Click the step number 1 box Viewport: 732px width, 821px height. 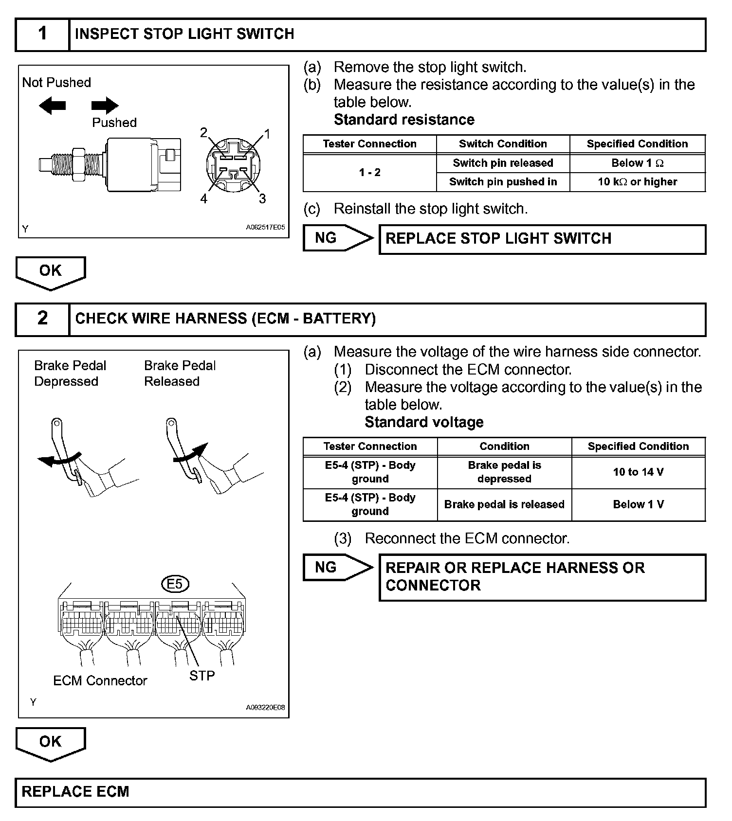42,35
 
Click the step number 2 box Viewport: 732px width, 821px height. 42,319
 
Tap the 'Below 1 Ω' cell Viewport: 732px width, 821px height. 637,163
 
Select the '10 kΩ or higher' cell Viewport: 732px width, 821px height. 637,182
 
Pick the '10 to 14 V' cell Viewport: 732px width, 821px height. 638,472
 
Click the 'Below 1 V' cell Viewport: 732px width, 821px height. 638,505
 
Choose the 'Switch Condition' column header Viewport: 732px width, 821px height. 503,144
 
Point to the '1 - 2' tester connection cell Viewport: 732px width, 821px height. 369,173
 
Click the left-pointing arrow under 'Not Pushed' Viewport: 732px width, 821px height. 52,105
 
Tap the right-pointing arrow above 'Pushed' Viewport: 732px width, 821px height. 105,105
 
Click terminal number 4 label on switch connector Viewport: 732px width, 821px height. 204,198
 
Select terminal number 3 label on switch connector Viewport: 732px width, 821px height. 262,198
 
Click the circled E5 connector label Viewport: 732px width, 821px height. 175,584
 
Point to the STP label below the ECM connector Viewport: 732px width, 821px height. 202,676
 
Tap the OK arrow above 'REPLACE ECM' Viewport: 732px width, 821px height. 51,743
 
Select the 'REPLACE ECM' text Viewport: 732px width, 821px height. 75,792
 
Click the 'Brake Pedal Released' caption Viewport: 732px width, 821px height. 180,373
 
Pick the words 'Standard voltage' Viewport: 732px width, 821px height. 424,422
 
